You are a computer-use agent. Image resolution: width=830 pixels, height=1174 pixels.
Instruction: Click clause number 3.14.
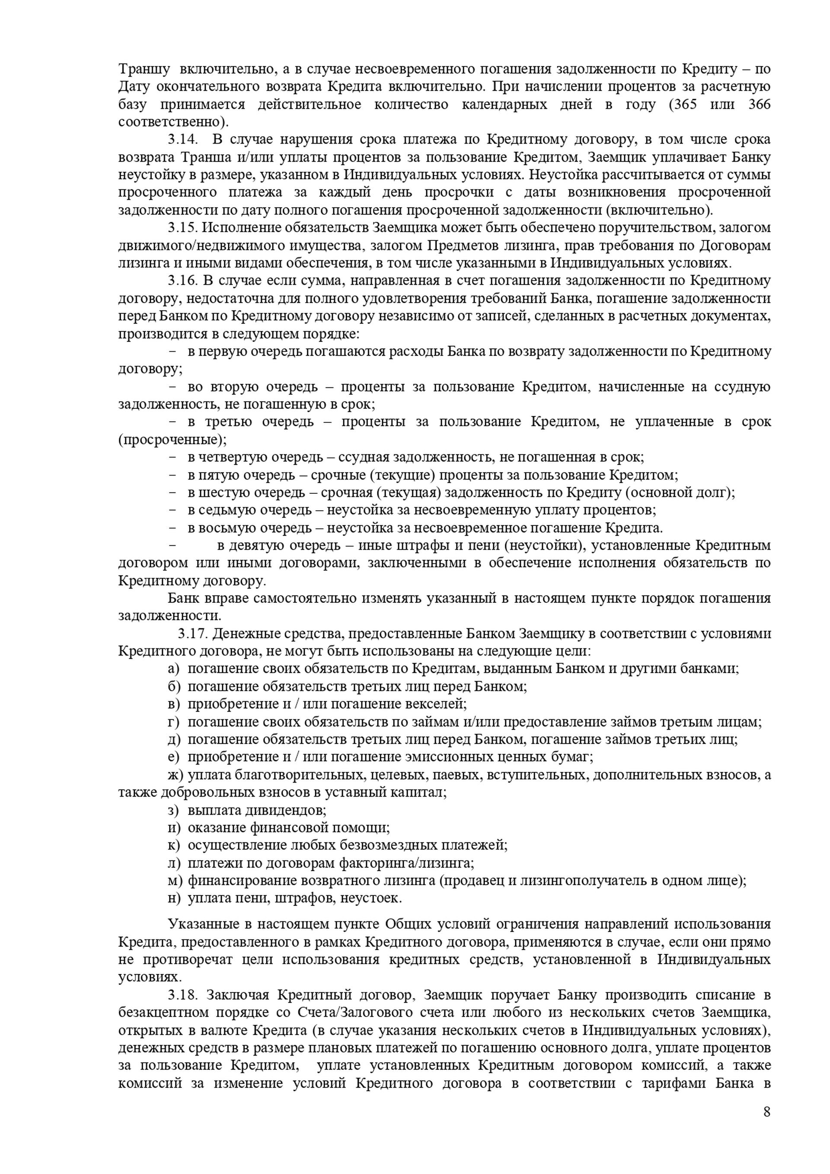182,140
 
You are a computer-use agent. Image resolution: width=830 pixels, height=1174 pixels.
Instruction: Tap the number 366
759,104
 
